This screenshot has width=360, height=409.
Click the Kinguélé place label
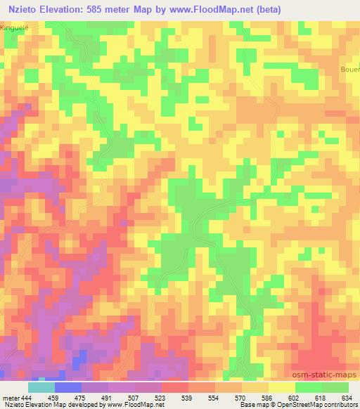point(15,27)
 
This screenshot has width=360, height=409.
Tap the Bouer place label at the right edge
point(351,70)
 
